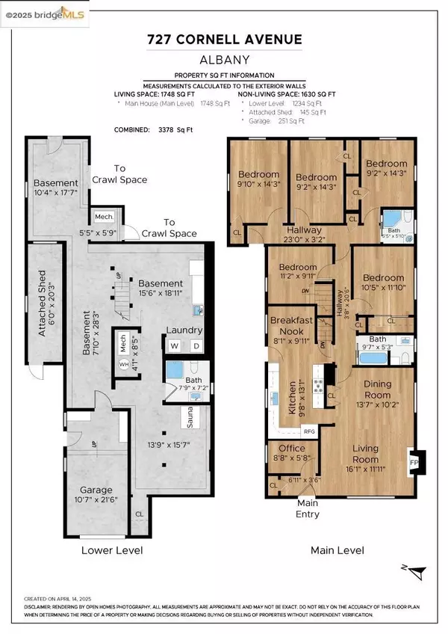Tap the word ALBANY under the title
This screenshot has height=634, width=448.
tap(224, 64)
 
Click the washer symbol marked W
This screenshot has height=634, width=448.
tap(175, 345)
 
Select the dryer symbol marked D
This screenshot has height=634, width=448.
tap(196, 345)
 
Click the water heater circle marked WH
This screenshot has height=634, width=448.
tap(124, 364)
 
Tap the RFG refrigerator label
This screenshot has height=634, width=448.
tap(309, 431)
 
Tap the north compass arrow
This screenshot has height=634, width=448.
tap(420, 571)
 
